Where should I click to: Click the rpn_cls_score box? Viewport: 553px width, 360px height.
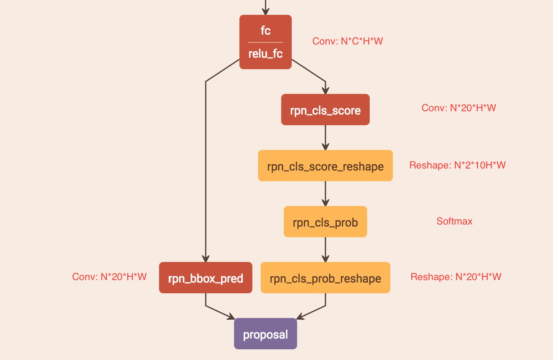coord(325,110)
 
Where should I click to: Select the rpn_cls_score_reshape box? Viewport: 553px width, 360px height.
coord(325,166)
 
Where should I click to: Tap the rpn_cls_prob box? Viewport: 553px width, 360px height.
coord(325,222)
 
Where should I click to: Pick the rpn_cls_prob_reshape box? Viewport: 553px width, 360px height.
coord(325,278)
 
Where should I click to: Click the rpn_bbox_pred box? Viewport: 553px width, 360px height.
coord(205,278)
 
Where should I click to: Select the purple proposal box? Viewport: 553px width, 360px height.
coord(265,334)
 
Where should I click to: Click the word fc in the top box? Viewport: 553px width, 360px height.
coord(265,30)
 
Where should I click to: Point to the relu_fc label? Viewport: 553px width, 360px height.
coord(265,54)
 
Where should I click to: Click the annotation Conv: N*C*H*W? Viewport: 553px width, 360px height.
coord(348,41)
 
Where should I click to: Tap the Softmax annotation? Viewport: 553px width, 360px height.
coord(455,221)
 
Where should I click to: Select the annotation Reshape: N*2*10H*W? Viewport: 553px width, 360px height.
coord(457,165)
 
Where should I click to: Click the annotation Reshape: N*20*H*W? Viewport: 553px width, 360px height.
coord(456,277)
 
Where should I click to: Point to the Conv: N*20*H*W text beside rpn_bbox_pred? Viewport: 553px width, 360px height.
coord(109,277)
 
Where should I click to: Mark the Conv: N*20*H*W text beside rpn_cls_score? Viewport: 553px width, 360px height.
coord(459,108)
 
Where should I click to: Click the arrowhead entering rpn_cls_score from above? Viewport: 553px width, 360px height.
coord(325,90)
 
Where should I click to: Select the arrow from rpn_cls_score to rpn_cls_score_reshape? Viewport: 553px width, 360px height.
coord(325,138)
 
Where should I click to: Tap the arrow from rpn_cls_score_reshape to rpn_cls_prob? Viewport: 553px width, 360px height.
coord(325,194)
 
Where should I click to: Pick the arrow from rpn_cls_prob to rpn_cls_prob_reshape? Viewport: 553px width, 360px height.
coord(325,250)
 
